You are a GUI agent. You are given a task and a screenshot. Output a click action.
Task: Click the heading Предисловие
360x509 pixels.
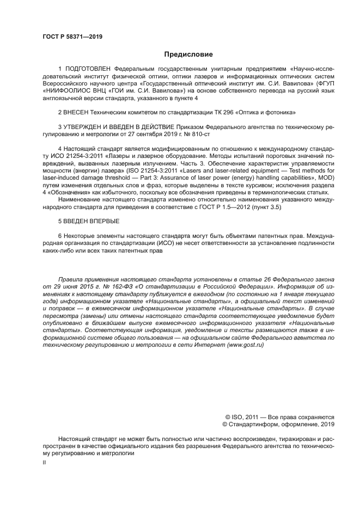coord(188,54)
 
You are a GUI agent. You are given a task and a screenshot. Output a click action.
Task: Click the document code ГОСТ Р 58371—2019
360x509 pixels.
coord(72,36)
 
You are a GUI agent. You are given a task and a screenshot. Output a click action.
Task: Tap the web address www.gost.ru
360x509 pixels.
coord(249,346)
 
